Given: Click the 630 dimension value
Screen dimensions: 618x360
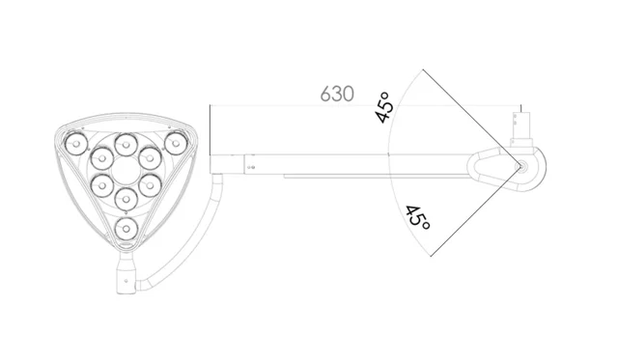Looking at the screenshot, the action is [337, 95].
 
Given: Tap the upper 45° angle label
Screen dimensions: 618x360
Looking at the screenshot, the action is [384, 107].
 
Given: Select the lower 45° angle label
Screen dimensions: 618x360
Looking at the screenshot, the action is [418, 217].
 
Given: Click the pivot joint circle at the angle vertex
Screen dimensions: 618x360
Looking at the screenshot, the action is [521, 167].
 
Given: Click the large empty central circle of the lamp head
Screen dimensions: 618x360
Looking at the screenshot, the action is [126, 172].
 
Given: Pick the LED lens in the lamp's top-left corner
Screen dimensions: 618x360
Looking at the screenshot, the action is [76, 144].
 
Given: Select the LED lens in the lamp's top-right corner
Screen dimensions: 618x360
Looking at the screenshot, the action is [176, 144].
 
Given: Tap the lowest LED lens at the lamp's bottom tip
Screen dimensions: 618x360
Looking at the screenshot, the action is [126, 229].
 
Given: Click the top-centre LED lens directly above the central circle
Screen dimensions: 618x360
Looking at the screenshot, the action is [126, 145].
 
